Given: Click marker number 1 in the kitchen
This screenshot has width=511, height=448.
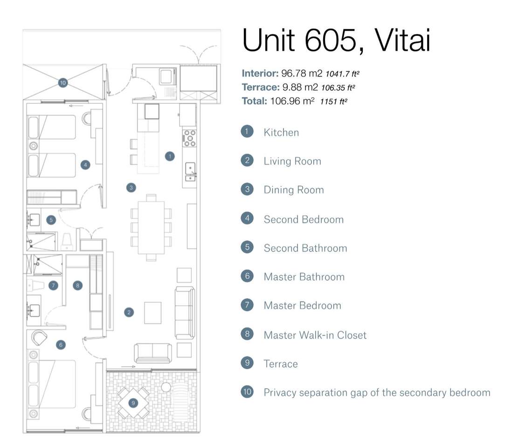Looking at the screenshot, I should coord(170,156).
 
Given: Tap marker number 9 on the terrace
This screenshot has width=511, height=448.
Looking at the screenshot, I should coord(133,402).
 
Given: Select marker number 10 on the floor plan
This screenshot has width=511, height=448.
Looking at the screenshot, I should coord(63,83).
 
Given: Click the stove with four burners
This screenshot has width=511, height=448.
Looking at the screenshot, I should coord(190,139).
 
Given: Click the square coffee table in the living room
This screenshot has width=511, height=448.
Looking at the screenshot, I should coord(152,313).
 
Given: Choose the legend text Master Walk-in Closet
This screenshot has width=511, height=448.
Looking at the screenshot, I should coord(315,335).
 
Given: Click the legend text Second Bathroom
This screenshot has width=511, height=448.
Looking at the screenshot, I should coord(305,248).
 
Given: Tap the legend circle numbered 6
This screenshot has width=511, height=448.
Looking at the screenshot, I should coord(247,276).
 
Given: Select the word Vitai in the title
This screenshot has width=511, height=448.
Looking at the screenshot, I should coord(402,41).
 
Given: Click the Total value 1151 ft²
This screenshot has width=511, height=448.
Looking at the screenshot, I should coord(333,101).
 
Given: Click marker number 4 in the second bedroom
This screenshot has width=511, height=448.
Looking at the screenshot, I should coord(85,165).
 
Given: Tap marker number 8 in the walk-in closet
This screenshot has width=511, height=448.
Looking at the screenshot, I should coord(77,285).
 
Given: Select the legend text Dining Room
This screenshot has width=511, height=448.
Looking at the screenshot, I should coord(293,190).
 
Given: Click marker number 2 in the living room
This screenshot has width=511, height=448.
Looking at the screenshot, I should coord(129,312).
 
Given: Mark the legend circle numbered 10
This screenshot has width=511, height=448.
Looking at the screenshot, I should coord(247,392).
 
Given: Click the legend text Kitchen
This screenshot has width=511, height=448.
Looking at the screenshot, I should coord(281,133).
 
